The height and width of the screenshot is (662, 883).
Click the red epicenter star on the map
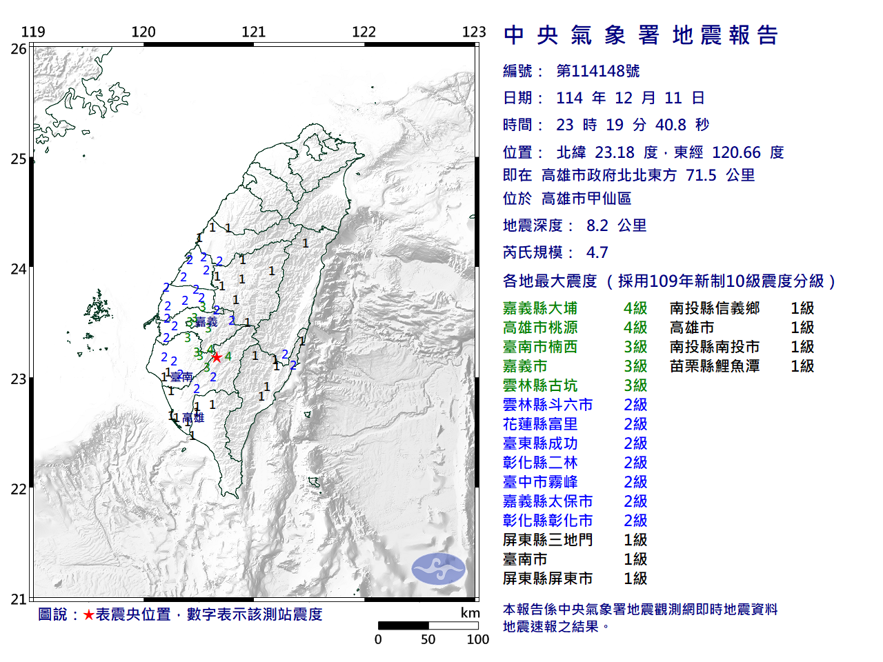point(217,357)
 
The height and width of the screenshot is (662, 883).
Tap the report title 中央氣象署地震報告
point(641,35)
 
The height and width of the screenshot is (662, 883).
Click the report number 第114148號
point(598,71)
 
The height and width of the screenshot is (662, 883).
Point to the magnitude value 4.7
point(597,252)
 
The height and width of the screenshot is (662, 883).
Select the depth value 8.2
point(597,225)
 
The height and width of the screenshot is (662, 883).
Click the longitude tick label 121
point(254,32)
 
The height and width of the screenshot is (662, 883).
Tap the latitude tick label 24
point(19,269)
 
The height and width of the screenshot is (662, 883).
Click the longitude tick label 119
point(33,32)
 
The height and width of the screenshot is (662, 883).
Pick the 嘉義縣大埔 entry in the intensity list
point(540,308)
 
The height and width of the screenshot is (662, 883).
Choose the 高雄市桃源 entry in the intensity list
point(540,328)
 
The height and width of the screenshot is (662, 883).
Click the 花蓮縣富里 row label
point(540,424)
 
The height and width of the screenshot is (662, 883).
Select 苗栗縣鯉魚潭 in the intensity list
point(715,366)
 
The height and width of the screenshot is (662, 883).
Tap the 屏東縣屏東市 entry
point(548,579)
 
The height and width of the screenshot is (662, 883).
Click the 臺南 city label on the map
point(181,377)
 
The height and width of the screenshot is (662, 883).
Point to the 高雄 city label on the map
point(193,418)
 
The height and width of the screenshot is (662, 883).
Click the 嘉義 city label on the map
point(206,322)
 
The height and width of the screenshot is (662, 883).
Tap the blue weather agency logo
point(439,569)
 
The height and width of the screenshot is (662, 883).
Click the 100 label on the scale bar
point(477,639)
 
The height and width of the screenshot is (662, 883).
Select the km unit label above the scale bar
point(470,613)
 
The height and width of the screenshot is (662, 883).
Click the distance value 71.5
point(701,175)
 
